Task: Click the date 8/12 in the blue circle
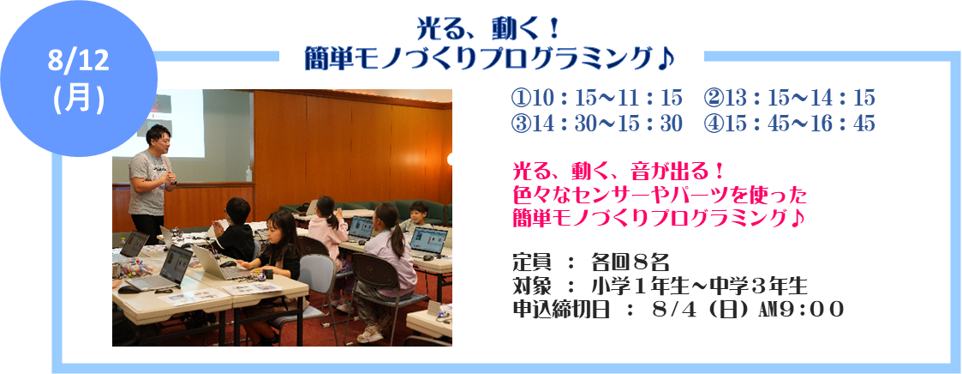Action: [79, 63]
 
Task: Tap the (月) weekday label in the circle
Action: [79, 99]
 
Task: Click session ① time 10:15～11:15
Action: [596, 98]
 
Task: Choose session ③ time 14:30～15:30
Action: [596, 124]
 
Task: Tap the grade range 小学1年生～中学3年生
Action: [699, 286]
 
